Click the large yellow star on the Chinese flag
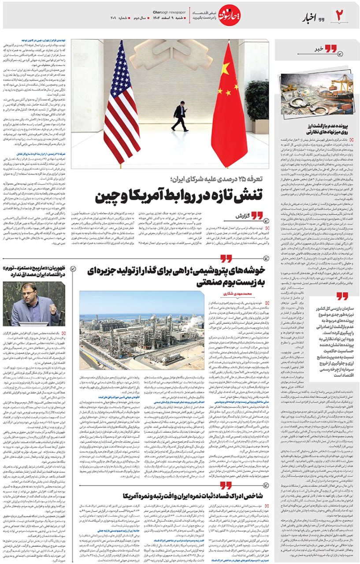click(x=225, y=68)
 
